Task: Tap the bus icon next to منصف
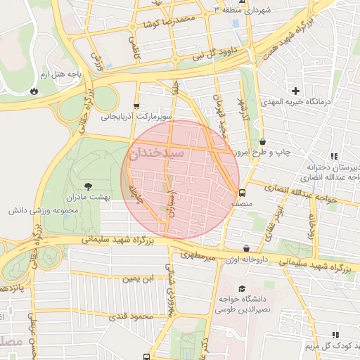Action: coord(243,192)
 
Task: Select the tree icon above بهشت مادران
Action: coord(88,186)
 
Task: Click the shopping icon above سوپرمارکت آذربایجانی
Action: coord(136,106)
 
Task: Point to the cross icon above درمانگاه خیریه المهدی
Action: coord(296,91)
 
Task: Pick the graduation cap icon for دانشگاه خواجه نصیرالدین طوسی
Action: coord(242,289)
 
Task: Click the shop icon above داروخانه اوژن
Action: coord(246,249)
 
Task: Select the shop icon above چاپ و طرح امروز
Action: coord(262,142)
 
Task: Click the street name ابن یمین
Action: coord(139,278)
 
